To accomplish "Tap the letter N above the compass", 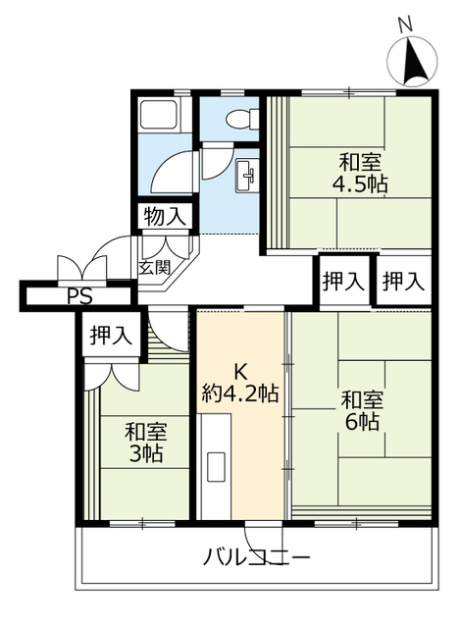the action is (x=405, y=26).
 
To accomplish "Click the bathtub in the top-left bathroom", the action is (x=160, y=115).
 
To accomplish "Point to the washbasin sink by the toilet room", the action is (x=246, y=175).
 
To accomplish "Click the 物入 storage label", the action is (x=165, y=217).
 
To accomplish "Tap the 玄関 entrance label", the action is (x=155, y=267).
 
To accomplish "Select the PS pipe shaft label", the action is (x=80, y=296).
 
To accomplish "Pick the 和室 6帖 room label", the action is (x=362, y=410).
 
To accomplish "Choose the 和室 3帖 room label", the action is (x=145, y=443).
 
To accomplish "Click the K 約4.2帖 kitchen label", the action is (x=240, y=383).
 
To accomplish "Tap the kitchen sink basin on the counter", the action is (x=216, y=466).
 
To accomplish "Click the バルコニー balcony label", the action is (x=257, y=556).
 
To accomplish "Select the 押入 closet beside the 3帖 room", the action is (x=111, y=335).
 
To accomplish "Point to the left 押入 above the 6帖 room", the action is (x=343, y=281).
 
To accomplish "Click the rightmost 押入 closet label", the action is (x=403, y=281).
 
